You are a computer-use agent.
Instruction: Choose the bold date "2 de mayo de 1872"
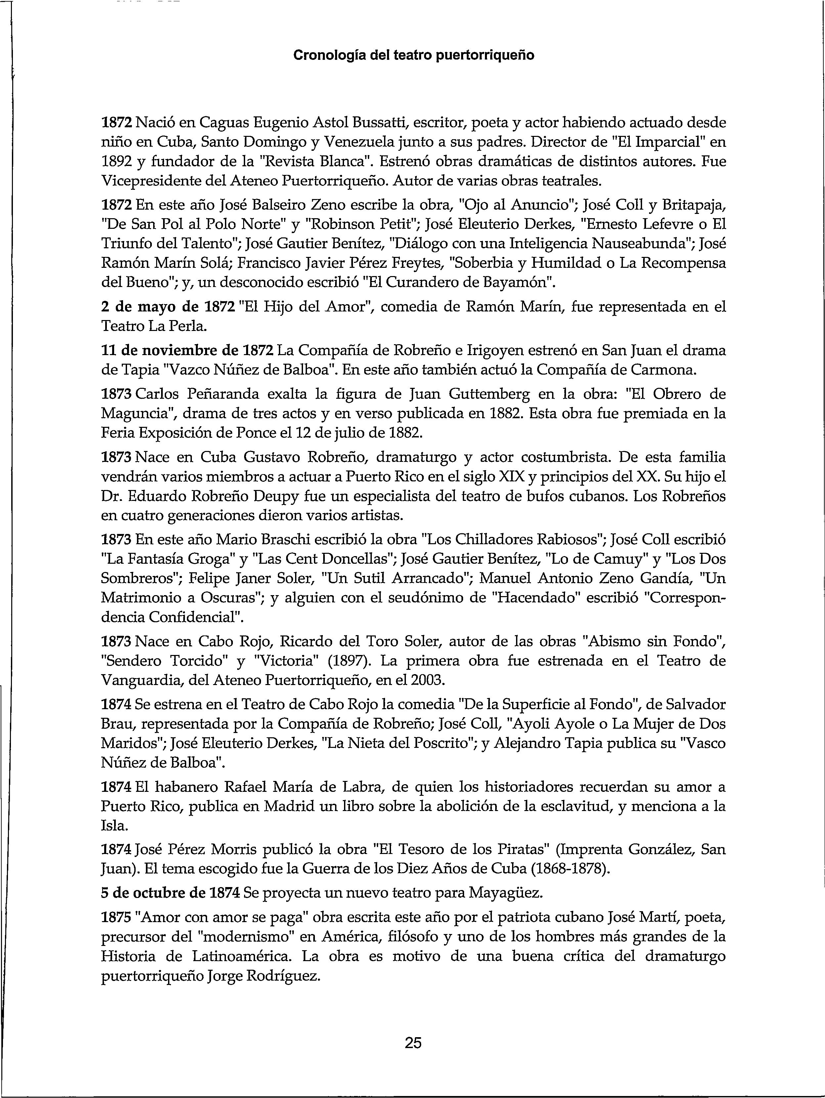(167, 307)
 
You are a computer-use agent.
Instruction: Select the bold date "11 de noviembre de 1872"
(187, 350)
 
